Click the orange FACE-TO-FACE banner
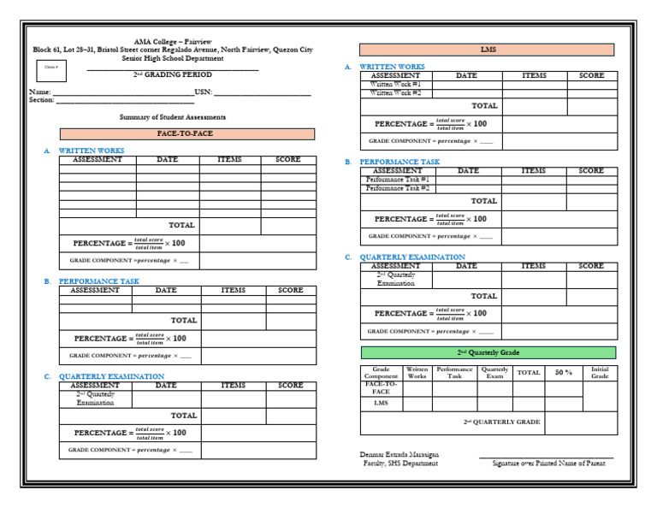(x=186, y=134)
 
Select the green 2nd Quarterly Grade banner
(x=488, y=352)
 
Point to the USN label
(x=203, y=92)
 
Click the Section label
(x=41, y=100)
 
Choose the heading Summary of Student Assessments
(x=173, y=116)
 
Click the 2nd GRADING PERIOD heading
(x=172, y=75)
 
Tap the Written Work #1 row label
(x=395, y=85)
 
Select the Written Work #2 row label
(x=395, y=93)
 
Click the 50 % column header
(x=564, y=373)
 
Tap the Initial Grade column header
(x=600, y=373)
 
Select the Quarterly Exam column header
(x=494, y=373)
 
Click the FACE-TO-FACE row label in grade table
(x=381, y=387)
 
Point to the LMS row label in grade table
(x=381, y=403)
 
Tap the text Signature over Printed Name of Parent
(x=548, y=464)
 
